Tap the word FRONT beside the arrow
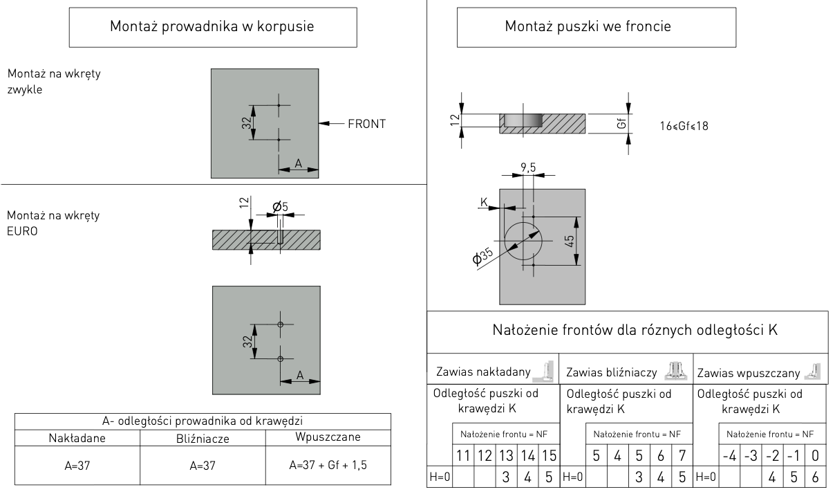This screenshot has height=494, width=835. tap(366, 125)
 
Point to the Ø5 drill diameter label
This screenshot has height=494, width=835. tap(281, 206)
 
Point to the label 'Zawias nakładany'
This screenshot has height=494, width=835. tap(483, 373)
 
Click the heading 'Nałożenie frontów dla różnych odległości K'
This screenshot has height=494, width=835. tap(635, 330)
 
